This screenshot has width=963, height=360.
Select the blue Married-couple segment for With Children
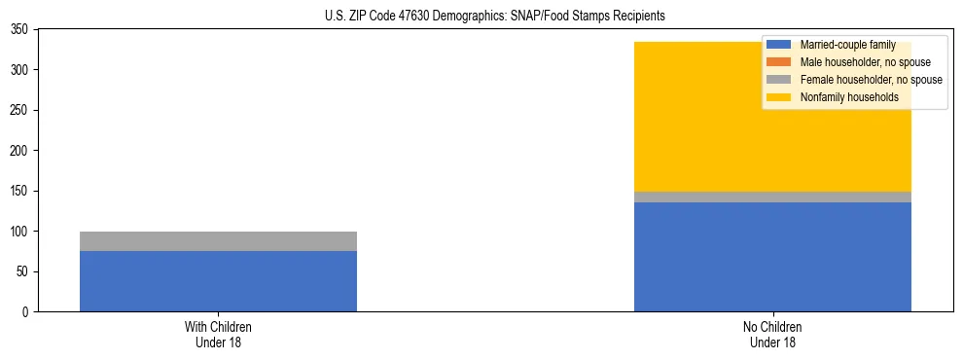[x=218, y=281]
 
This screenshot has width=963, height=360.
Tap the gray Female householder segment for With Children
[x=218, y=241]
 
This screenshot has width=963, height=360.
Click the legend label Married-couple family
[x=846, y=45]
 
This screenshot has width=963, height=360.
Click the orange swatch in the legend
[x=779, y=62]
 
